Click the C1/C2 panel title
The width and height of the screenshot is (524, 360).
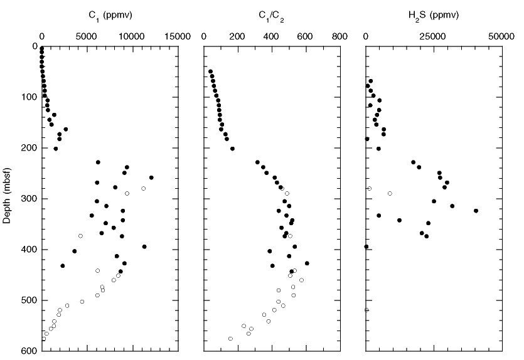click(271, 15)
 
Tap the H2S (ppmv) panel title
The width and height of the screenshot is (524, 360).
click(434, 14)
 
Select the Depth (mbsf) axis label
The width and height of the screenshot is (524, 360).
click(7, 199)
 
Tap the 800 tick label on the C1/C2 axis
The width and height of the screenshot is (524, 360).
click(340, 37)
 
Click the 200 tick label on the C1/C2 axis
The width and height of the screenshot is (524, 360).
click(237, 37)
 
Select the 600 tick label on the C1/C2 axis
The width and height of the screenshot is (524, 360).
click(306, 37)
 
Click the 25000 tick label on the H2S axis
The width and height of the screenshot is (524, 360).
click(434, 37)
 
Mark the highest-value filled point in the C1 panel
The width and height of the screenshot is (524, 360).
click(151, 177)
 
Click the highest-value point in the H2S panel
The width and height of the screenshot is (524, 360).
click(476, 211)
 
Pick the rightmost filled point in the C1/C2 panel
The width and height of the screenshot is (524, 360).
click(307, 263)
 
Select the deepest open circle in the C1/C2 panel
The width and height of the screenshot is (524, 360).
click(230, 339)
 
